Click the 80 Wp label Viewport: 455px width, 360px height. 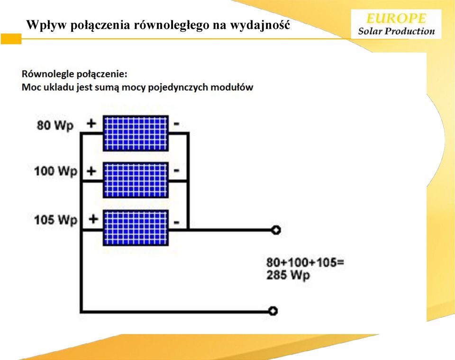[x=55, y=126]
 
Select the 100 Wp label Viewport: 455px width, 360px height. [x=56, y=171]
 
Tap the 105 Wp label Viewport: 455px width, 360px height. [x=56, y=220]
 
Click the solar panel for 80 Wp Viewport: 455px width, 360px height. [x=136, y=133]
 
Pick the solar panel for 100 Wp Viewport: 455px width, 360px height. [x=136, y=180]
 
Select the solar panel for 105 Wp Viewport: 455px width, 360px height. [x=136, y=228]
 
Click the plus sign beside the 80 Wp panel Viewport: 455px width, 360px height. [x=91, y=124]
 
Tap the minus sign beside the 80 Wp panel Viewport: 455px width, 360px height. [x=176, y=124]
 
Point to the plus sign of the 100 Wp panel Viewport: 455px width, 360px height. [x=91, y=171]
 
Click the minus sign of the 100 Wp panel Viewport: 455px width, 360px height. [x=176, y=170]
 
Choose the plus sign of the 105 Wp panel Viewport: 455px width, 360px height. [x=93, y=219]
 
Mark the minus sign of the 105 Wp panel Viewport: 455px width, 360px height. [x=176, y=223]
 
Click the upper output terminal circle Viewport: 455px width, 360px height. [x=276, y=230]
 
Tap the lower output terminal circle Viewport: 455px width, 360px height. [x=273, y=311]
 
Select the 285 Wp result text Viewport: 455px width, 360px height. [x=288, y=275]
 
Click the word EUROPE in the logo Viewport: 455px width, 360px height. [x=396, y=18]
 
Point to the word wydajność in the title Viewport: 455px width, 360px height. [x=260, y=25]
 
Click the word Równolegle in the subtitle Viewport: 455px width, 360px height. [x=48, y=74]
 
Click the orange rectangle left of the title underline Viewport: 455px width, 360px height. [x=11, y=39]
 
